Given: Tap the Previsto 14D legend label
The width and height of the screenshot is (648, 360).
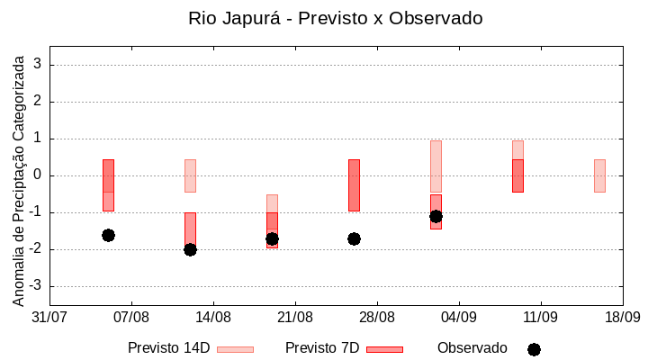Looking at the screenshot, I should coord(168,348).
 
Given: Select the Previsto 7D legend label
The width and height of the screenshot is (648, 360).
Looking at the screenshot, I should coord(321,348).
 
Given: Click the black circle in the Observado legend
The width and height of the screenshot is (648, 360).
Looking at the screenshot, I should coord(534,349).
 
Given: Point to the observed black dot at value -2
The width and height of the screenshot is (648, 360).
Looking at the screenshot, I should coord(190,249).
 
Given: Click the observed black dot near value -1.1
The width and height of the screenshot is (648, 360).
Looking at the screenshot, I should coord(436,216).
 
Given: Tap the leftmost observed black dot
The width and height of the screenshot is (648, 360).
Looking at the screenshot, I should coord(108,235).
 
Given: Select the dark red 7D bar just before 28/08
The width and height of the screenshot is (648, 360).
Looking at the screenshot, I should coord(354,185).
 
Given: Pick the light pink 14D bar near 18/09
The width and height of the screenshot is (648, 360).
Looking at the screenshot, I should coord(599,175).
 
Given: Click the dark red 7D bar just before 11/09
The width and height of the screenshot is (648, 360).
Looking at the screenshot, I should coord(517,175).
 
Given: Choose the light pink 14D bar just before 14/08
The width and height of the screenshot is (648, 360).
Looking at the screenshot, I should coord(190,175).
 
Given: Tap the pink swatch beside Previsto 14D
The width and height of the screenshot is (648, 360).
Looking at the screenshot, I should coord(235,349).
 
